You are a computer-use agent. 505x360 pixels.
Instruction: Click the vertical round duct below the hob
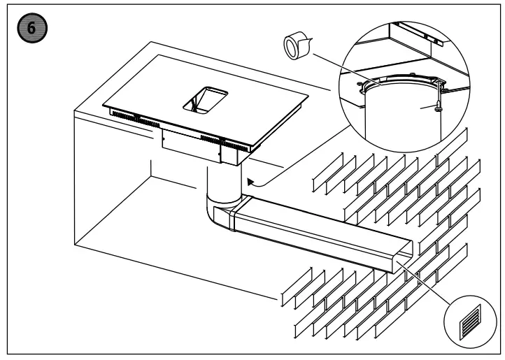coord(223,184)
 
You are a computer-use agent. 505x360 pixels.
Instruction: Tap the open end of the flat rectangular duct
coord(404,261)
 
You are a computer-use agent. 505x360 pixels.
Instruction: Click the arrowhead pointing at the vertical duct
coord(250,183)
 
